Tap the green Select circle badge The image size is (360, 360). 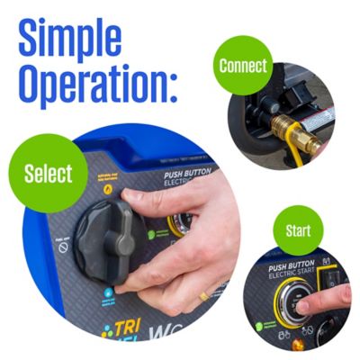coord(49,174)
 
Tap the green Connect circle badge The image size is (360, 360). coord(244,65)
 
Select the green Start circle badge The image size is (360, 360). coord(298,231)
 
